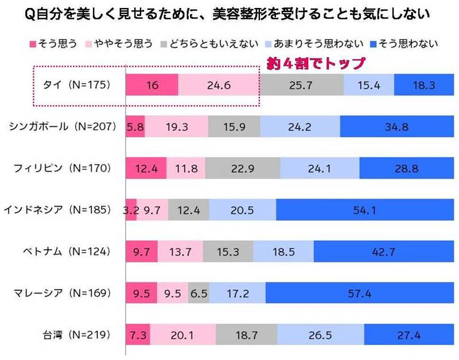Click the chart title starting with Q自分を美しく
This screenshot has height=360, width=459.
tap(229, 13)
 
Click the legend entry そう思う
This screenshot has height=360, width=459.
tap(55, 44)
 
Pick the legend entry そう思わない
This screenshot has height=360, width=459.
tap(404, 44)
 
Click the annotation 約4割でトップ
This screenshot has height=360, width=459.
tap(314, 62)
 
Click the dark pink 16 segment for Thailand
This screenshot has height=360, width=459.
tap(152, 85)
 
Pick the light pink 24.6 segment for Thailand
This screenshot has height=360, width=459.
tap(219, 85)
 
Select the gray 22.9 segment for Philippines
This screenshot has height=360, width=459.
tap(242, 168)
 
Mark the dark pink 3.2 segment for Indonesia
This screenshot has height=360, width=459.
tap(130, 210)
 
